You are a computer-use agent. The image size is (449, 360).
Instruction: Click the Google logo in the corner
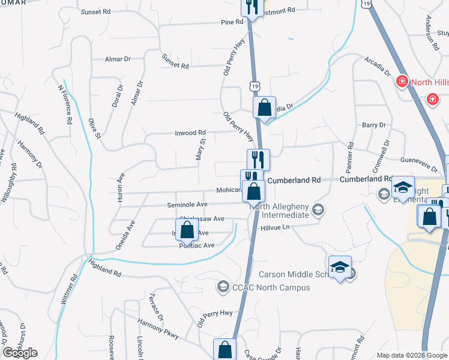click(20, 353)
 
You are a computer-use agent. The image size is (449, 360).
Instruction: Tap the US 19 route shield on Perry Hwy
click(256, 87)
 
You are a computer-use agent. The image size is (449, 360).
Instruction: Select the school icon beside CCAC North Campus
click(223, 287)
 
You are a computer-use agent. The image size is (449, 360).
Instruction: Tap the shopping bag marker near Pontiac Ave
click(187, 230)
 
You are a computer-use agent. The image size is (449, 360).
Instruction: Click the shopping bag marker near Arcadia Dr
click(264, 109)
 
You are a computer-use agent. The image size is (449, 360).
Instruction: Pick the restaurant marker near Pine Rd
click(252, 7)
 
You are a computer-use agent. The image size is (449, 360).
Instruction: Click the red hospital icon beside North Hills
click(402, 81)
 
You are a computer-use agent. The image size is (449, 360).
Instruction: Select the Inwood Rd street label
click(190, 133)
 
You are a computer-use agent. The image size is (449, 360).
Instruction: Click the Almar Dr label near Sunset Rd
click(118, 59)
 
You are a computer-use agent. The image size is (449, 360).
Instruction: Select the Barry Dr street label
click(373, 125)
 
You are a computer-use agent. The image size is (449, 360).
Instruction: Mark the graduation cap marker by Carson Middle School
click(340, 267)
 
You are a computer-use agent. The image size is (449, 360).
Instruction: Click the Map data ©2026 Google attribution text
click(412, 355)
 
